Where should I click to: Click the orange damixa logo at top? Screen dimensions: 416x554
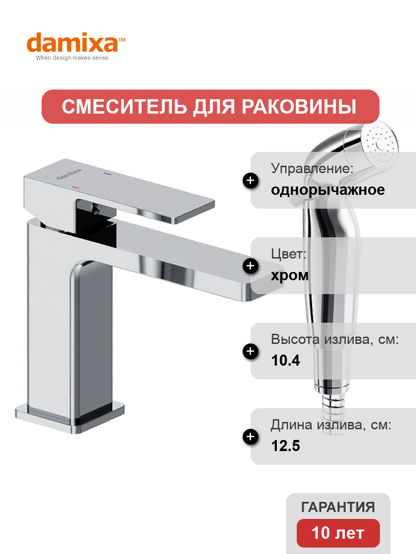76,42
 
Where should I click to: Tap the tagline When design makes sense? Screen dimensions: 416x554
72,58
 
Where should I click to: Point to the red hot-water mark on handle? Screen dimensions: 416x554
75,187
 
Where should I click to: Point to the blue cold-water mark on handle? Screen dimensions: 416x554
108,174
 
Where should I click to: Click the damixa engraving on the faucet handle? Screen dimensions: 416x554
69,174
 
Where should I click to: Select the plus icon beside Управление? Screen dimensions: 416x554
251,181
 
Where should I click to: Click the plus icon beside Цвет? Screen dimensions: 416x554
251,266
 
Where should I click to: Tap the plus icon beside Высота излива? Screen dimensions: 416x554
251,351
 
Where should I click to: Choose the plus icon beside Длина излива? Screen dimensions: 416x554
251,437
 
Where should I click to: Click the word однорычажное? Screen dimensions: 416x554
328,190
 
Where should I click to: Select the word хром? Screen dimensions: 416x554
290,276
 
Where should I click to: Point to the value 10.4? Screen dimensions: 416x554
285,361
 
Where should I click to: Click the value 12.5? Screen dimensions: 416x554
285,446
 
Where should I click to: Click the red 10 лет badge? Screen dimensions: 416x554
338,533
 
